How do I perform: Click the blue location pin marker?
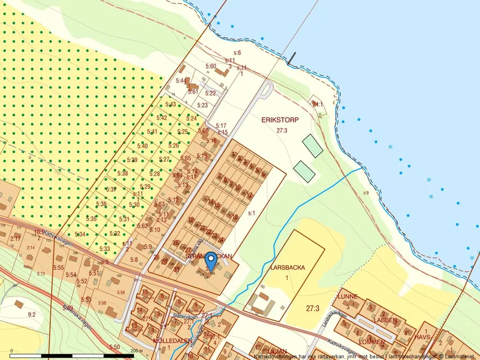(x=210, y=260)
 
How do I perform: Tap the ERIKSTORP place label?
(x=280, y=120)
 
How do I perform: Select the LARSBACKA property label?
(x=287, y=268)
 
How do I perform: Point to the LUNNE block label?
(x=347, y=297)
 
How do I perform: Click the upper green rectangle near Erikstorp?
(x=312, y=145)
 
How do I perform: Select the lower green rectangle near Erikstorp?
(x=304, y=170)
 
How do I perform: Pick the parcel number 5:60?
(x=210, y=66)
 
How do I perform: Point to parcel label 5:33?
(x=105, y=249)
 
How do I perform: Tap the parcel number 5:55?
(x=58, y=268)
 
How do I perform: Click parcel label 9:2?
(x=31, y=315)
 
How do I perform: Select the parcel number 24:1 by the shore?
(x=317, y=105)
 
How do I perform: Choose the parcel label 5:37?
(x=111, y=190)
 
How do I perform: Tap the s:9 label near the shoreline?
(x=365, y=193)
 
